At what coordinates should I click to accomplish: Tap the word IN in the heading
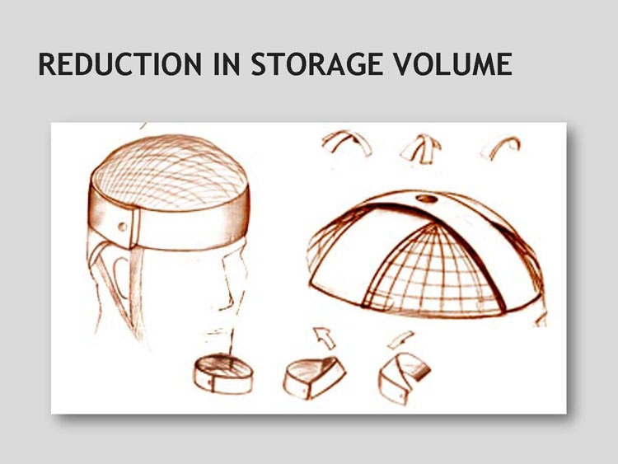pyautogui.click(x=227, y=63)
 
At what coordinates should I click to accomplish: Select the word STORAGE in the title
pyautogui.click(x=317, y=63)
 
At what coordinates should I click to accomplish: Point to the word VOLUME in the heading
pyautogui.click(x=453, y=63)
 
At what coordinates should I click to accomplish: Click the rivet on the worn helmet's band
pyautogui.click(x=123, y=227)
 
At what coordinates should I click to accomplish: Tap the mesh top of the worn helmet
pyautogui.click(x=171, y=171)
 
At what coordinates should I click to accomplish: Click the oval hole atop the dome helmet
pyautogui.click(x=427, y=199)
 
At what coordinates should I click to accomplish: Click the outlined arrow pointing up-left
pyautogui.click(x=324, y=337)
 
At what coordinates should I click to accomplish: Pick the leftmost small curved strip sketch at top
pyautogui.click(x=347, y=143)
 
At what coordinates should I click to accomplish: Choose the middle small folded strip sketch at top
pyautogui.click(x=421, y=149)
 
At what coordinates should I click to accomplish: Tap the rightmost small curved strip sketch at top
pyautogui.click(x=501, y=145)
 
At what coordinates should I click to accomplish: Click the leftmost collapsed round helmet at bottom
pyautogui.click(x=223, y=373)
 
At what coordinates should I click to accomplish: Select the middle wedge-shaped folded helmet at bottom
pyautogui.click(x=314, y=377)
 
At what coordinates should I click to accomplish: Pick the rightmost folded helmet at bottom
pyautogui.click(x=403, y=377)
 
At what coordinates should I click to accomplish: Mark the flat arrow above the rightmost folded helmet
pyautogui.click(x=400, y=340)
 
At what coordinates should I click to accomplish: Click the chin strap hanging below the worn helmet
pyautogui.click(x=135, y=292)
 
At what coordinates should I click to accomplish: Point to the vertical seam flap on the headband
pyautogui.click(x=135, y=228)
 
